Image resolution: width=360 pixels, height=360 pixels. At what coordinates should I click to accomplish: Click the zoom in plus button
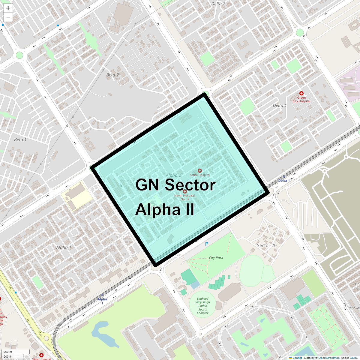8,8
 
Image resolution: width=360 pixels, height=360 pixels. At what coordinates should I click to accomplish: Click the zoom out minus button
8,17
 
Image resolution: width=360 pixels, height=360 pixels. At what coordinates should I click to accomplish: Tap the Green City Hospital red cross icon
301,94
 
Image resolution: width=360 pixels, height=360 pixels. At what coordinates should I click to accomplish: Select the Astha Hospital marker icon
200,171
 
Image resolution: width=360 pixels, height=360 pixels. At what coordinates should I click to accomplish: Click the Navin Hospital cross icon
185,191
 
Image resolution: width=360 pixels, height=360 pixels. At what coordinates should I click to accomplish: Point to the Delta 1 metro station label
284,181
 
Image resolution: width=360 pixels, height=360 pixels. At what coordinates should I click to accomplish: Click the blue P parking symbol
207,244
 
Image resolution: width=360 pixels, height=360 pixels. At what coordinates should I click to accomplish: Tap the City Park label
216,258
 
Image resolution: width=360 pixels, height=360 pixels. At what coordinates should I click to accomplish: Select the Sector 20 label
267,245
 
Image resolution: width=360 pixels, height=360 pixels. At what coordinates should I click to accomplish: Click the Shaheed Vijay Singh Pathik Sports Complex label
202,306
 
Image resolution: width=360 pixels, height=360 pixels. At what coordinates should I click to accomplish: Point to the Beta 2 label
112,75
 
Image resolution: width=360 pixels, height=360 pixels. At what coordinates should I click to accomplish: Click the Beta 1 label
20,139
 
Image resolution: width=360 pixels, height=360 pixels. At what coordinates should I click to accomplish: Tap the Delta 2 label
218,4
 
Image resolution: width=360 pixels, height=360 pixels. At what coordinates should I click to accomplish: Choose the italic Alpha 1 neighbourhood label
64,247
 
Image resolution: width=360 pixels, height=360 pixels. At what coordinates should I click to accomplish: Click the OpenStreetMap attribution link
329,358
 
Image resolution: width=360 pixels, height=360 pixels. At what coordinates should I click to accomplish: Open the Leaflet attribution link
297,358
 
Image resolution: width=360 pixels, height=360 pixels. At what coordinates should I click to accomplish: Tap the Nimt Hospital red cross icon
41,355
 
